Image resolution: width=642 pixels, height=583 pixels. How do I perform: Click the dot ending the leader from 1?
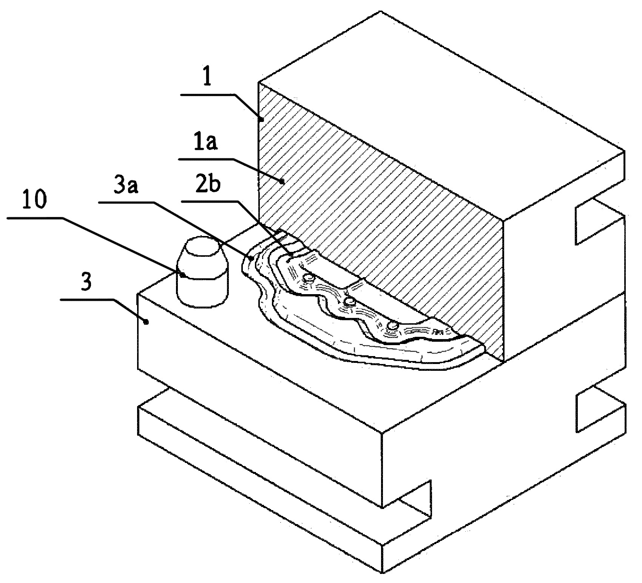pos(261,119)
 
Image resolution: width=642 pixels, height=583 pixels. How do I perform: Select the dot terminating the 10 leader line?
pos(182,275)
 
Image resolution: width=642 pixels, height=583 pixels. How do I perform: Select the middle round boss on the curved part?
pos(350,301)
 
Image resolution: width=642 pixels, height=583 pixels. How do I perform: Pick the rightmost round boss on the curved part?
pos(394,325)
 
